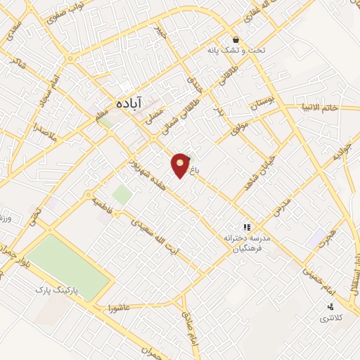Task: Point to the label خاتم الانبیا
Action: pos(320,108)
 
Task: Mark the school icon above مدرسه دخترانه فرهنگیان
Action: pos(247,227)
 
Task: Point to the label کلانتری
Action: pos(330,319)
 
